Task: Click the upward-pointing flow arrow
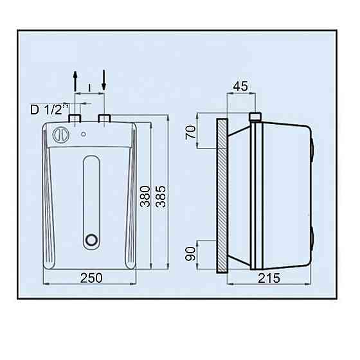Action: (75, 82)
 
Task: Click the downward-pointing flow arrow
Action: (104, 80)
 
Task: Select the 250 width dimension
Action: (91, 278)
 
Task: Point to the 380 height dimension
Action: (145, 197)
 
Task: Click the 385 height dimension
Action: (161, 197)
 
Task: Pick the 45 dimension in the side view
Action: (240, 86)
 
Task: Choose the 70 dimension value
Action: (191, 132)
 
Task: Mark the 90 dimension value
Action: (190, 254)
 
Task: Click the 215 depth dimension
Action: (269, 278)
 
